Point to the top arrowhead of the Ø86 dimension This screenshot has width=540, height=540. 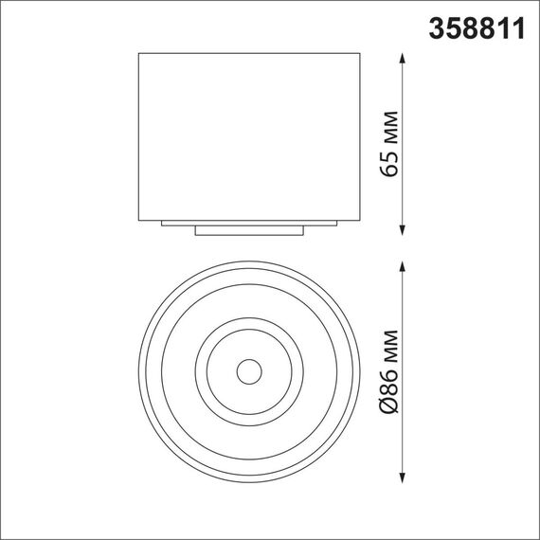[404, 265]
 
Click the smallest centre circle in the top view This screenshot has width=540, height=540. [249, 370]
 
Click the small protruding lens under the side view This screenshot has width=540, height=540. [250, 229]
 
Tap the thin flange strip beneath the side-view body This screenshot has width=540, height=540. [250, 223]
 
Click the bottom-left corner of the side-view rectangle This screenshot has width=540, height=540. [139, 219]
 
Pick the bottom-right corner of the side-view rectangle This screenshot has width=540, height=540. [361, 219]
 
